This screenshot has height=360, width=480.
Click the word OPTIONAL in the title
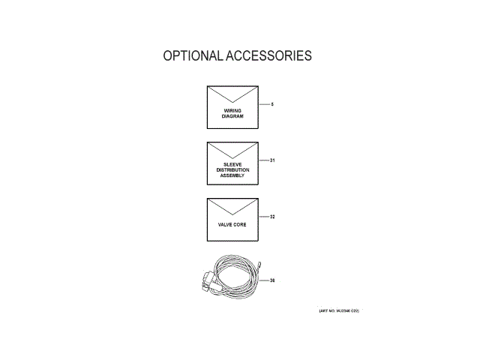click(x=192, y=56)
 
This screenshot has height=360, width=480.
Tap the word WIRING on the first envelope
click(x=232, y=111)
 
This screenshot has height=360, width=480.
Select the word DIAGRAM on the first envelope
click(x=232, y=116)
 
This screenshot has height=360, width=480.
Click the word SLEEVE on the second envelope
click(x=232, y=164)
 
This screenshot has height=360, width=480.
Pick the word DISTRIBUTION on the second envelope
click(x=232, y=169)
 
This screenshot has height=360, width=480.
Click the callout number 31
click(x=273, y=160)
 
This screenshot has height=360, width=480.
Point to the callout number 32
click(x=273, y=217)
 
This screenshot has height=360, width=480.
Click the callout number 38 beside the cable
click(x=273, y=281)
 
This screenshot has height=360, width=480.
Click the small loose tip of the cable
click(x=259, y=263)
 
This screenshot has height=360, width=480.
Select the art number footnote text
click(x=328, y=310)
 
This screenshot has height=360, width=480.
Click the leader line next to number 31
click(x=263, y=160)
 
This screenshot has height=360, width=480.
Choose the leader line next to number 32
click(x=263, y=217)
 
